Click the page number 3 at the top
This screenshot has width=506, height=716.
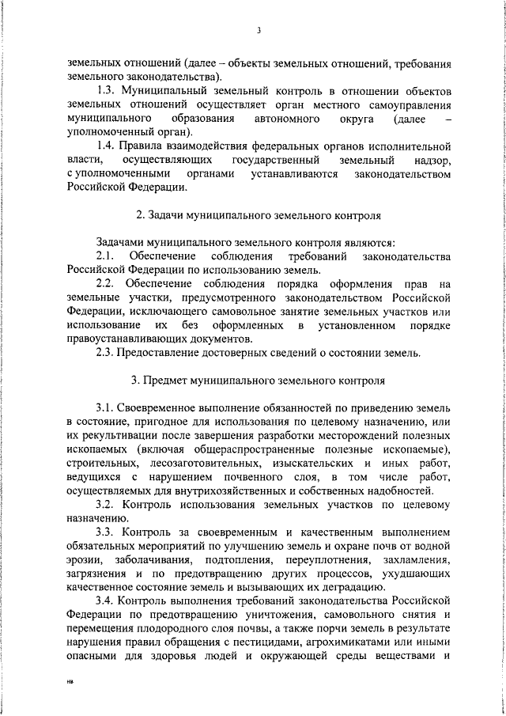click(259, 31)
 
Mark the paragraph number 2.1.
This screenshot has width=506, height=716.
click(105, 256)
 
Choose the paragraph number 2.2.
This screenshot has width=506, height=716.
click(105, 284)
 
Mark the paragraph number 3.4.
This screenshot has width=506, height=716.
click(105, 600)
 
